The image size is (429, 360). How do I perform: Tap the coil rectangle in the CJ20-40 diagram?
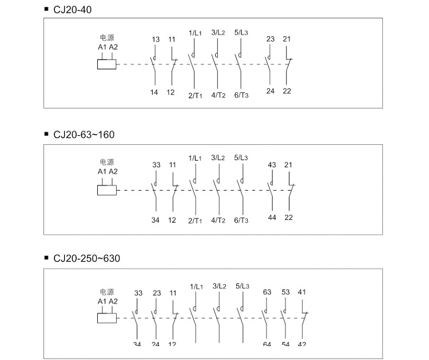click(107, 64)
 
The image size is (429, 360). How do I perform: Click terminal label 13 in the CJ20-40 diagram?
click(156, 39)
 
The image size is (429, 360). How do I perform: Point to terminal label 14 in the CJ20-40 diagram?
click(154, 92)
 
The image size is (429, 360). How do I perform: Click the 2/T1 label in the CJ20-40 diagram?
click(195, 95)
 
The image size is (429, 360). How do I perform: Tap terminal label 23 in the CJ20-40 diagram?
click(271, 39)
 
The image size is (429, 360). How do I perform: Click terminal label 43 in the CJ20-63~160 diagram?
click(272, 165)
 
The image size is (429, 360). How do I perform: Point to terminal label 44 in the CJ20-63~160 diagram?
click(272, 217)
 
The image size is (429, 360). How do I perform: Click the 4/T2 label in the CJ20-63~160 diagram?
click(218, 220)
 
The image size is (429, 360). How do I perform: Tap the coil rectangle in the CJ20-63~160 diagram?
click(107, 189)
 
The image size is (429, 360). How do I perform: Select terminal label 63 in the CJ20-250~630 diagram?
click(267, 292)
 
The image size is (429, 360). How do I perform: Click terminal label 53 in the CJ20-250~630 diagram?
click(286, 292)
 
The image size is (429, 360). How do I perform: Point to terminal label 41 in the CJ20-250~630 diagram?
click(303, 292)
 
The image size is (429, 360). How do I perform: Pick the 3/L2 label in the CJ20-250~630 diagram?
click(220, 286)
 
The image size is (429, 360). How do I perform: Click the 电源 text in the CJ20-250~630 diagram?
click(107, 291)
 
